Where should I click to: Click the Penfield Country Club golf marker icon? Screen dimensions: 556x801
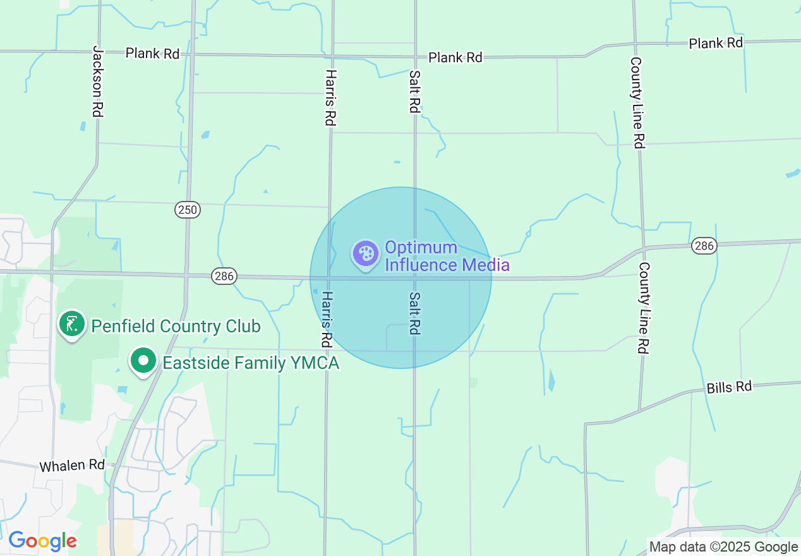coord(72,324)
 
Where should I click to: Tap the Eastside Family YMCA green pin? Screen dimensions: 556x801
coord(143,361)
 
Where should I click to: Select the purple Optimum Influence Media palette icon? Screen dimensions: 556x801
coord(366,255)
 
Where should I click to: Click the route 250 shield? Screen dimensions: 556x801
coord(188,210)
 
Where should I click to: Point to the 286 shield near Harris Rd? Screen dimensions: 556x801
coord(224,275)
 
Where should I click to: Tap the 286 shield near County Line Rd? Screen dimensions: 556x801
coord(704,246)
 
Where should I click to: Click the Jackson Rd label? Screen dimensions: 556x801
coord(97,81)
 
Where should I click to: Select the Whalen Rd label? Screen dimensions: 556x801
coord(71,466)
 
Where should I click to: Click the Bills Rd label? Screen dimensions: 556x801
coord(730,387)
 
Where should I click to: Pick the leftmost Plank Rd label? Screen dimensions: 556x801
coord(152,53)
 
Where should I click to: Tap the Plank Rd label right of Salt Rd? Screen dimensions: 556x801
coord(455,57)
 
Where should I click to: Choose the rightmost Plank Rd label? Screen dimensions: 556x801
coord(716,43)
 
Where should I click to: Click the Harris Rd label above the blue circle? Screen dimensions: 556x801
coord(329,97)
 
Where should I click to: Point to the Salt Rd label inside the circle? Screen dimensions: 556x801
coord(414,313)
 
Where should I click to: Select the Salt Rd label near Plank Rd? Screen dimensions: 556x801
coord(414,92)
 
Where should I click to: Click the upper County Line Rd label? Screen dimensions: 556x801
coord(637,102)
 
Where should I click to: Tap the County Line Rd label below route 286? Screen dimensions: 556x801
coord(644,308)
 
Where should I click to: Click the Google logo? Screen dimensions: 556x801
coord(42,541)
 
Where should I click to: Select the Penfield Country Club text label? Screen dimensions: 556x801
coord(176,327)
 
